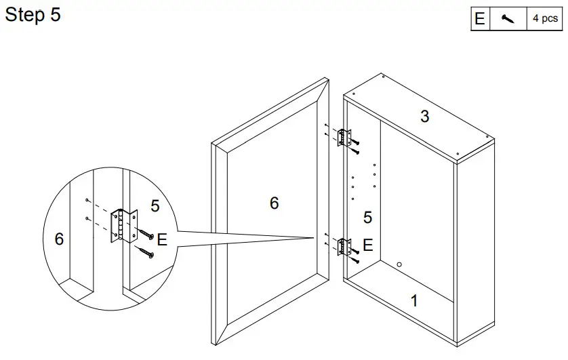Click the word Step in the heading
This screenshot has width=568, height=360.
[25, 15]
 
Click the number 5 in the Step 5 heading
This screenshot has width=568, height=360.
[55, 15]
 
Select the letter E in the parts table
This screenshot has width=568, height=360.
[480, 19]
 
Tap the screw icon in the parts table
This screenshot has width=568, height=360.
[508, 19]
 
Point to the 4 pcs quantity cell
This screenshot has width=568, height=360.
[544, 19]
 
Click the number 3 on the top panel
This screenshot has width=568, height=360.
[424, 117]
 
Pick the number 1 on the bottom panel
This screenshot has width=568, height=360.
[415, 301]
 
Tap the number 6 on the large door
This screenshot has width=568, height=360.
[274, 203]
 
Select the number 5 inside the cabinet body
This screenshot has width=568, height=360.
[367, 218]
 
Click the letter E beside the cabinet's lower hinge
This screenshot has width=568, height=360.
[367, 245]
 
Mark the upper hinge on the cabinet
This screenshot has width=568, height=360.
[346, 137]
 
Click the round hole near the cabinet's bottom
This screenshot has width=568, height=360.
[399, 264]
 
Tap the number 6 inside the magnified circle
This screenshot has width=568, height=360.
[59, 239]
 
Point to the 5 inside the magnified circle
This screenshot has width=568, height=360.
[155, 206]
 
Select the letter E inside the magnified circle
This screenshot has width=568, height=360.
[161, 239]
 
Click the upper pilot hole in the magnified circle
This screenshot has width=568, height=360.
[87, 201]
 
